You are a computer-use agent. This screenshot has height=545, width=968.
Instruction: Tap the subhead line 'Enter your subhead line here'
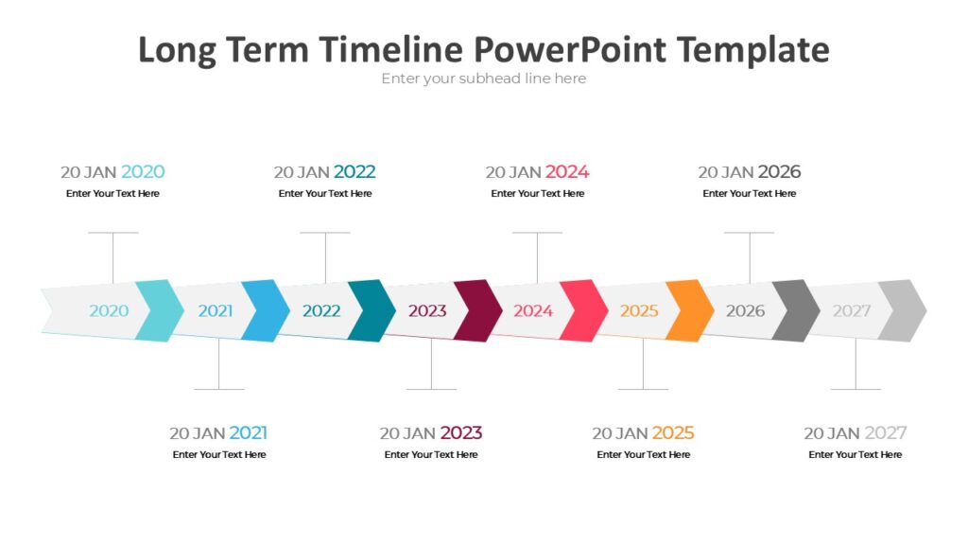(483, 79)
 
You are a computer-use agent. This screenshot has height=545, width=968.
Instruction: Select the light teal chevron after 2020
(160, 310)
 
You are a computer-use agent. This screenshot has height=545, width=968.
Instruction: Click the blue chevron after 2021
(266, 310)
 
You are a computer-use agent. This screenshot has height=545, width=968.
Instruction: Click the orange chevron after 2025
(690, 310)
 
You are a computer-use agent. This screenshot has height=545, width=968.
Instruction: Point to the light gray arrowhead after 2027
(903, 310)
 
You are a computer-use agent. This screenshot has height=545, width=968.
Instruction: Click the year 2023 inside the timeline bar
(427, 310)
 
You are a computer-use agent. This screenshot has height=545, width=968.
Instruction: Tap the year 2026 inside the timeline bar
(745, 310)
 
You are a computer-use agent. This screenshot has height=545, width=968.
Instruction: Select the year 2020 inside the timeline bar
(109, 310)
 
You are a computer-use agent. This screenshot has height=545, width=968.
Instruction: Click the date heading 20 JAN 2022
(324, 172)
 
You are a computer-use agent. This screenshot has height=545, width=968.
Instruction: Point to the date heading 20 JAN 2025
(643, 433)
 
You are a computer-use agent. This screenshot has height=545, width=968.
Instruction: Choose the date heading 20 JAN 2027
(855, 433)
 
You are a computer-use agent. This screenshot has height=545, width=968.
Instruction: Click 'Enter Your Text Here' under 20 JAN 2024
(537, 194)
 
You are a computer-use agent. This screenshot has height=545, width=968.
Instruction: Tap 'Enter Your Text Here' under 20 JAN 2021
(219, 455)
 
